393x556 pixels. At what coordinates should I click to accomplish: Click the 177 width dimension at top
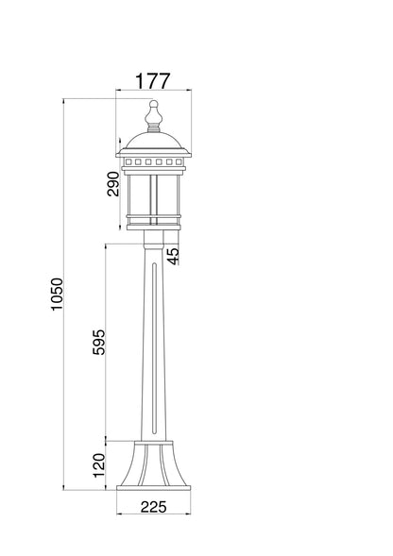153,81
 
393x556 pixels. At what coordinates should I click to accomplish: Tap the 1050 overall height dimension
57,295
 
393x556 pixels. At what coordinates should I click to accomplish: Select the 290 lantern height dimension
113,184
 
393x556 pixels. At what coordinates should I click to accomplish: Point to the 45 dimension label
173,256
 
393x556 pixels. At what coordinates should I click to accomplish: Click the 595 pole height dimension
99,342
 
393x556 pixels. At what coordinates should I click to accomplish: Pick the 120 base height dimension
99,465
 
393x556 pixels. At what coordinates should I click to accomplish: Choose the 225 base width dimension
153,507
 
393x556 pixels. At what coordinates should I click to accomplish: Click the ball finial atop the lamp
153,104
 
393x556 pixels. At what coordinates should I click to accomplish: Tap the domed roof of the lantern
153,141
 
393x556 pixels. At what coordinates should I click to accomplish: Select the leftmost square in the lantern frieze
128,162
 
